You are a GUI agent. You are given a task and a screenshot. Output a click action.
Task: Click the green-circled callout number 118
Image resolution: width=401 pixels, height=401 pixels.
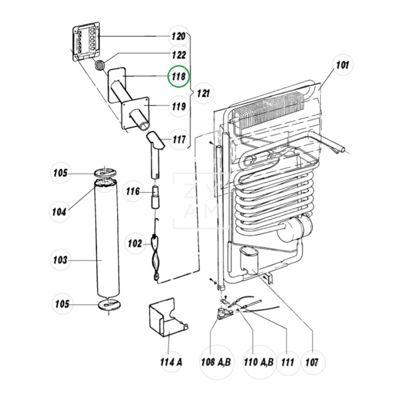pyautogui.click(x=178, y=77)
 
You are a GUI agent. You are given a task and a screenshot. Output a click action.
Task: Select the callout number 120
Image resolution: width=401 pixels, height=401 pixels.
pyautogui.click(x=178, y=36)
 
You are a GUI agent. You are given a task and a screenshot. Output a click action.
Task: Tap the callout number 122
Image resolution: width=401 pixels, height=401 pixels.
pyautogui.click(x=179, y=55)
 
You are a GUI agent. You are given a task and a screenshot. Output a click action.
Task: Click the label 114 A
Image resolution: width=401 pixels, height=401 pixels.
pyautogui.click(x=171, y=362)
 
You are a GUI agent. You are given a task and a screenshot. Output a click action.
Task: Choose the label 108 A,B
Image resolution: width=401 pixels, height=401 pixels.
pyautogui.click(x=216, y=362)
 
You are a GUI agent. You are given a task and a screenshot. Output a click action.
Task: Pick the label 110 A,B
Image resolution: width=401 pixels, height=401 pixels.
pyautogui.click(x=259, y=362)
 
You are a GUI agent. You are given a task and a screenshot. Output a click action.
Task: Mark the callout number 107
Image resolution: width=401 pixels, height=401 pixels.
pyautogui.click(x=312, y=362)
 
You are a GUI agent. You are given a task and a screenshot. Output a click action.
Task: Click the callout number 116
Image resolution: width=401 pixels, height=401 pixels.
pyautogui.click(x=133, y=191)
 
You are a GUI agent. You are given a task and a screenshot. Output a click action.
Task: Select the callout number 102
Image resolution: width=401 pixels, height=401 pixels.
pyautogui.click(x=135, y=244)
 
